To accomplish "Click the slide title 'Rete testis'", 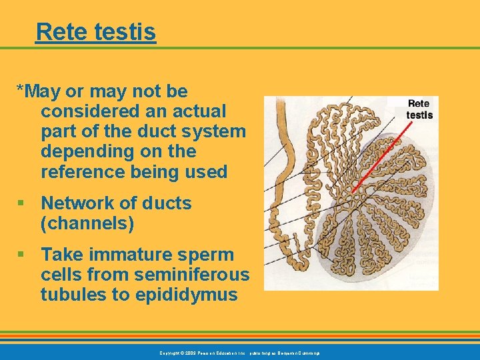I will tap(96, 31).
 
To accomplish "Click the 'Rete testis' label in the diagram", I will tap(419, 109).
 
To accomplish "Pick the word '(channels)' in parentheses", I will tap(87, 224).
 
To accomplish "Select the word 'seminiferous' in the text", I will tap(193, 275).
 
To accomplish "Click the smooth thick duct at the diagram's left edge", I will tap(275, 153).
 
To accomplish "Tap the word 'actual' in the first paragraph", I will tap(199, 111).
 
